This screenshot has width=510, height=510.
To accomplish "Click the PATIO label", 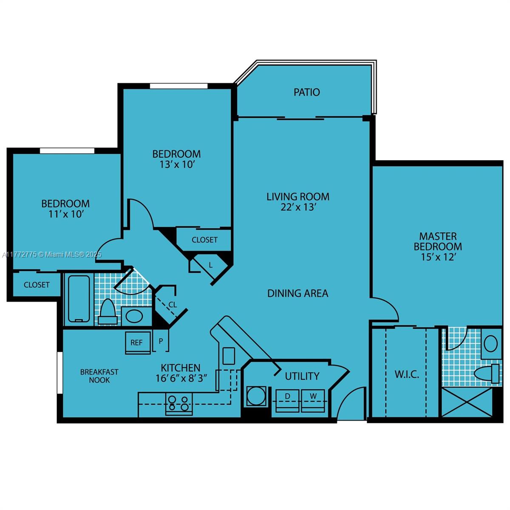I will [306, 92].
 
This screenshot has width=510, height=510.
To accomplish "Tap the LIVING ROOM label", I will [297, 197].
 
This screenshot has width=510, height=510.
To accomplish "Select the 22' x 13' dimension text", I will [297, 207].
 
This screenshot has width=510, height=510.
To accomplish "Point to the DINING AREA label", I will [297, 293].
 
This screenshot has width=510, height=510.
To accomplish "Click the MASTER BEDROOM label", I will [438, 241].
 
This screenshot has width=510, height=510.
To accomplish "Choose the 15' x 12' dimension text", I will [438, 257].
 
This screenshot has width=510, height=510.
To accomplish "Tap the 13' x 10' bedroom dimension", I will [177, 164].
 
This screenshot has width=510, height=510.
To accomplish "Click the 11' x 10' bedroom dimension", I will [65, 214].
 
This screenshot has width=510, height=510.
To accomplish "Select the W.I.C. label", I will [407, 374].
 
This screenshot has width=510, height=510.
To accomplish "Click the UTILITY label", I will [302, 376].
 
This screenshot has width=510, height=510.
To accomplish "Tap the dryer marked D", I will [287, 400].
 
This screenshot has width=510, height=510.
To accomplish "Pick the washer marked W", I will [313, 400].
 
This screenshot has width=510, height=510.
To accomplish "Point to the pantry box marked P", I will [161, 341].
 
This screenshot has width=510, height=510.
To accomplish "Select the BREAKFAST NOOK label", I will [99, 376].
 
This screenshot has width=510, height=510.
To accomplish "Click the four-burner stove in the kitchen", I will [178, 403].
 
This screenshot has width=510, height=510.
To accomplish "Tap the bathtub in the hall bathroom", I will [79, 298].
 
